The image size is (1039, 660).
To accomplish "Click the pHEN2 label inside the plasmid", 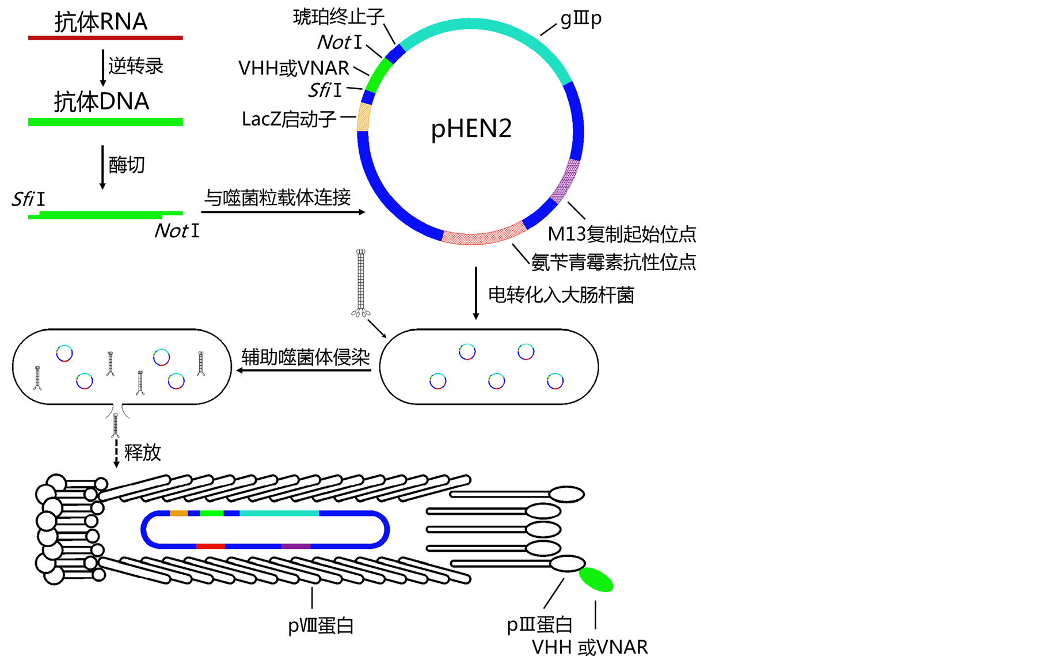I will click(x=471, y=128).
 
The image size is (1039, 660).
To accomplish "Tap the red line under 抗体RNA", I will click(x=105, y=37).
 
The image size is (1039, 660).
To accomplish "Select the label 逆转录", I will click(x=136, y=66).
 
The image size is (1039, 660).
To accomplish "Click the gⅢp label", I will click(x=581, y=18).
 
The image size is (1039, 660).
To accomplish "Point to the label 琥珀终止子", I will click(x=338, y=17).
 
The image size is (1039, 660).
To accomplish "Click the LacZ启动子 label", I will click(x=289, y=119).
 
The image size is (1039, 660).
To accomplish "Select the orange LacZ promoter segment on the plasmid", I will click(x=364, y=117).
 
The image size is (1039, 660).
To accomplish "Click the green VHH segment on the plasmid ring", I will click(x=380, y=75).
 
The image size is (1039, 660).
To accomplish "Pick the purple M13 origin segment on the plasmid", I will click(x=566, y=180).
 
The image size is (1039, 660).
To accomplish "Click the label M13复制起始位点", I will click(x=622, y=234).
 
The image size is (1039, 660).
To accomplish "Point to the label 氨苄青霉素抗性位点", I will click(x=613, y=262).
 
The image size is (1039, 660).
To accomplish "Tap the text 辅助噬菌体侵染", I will click(x=306, y=357).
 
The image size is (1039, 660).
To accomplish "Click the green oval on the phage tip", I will click(x=596, y=579).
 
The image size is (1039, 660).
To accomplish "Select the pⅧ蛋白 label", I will click(x=321, y=625).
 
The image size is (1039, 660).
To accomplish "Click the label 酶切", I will click(x=127, y=165).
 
